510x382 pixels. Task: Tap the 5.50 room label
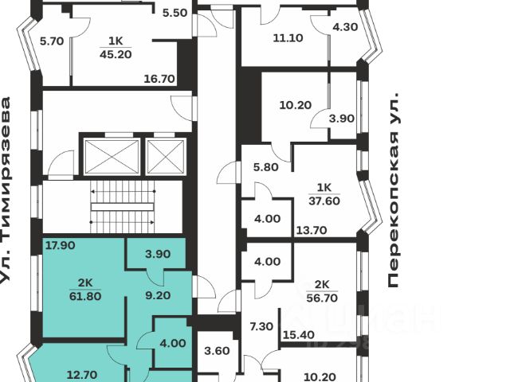174,13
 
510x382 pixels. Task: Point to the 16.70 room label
159,79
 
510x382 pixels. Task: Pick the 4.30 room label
345,26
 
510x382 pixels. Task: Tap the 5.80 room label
265,168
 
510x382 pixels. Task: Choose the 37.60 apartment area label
324,201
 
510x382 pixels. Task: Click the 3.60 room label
217,351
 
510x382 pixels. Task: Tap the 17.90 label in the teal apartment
60,245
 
